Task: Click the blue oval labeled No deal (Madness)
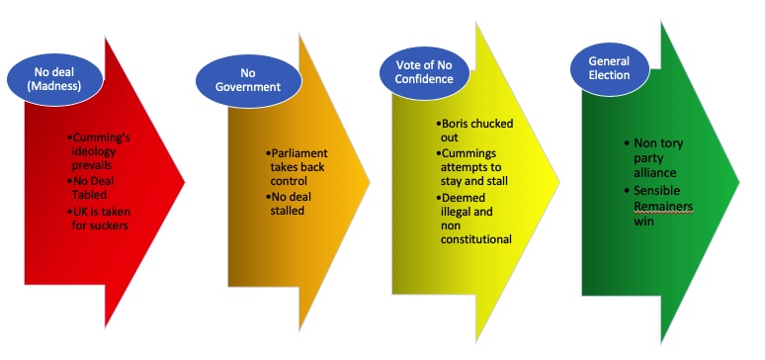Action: pos(54,79)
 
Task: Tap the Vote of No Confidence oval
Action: pos(424,72)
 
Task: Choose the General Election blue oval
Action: pos(609,69)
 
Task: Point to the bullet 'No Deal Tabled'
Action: pos(91,188)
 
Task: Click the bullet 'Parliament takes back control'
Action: pos(297,167)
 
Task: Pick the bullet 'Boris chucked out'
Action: pos(474,131)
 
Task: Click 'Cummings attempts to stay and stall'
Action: pos(470,167)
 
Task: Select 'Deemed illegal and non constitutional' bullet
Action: pos(473,219)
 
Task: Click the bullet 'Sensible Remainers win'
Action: pos(658,206)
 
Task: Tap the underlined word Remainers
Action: pos(663,207)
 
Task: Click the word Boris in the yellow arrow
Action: pos(455,124)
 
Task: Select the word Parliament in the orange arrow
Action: pos(299,154)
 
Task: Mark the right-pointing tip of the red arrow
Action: pos(185,182)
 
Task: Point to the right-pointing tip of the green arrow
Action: pos(739,183)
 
